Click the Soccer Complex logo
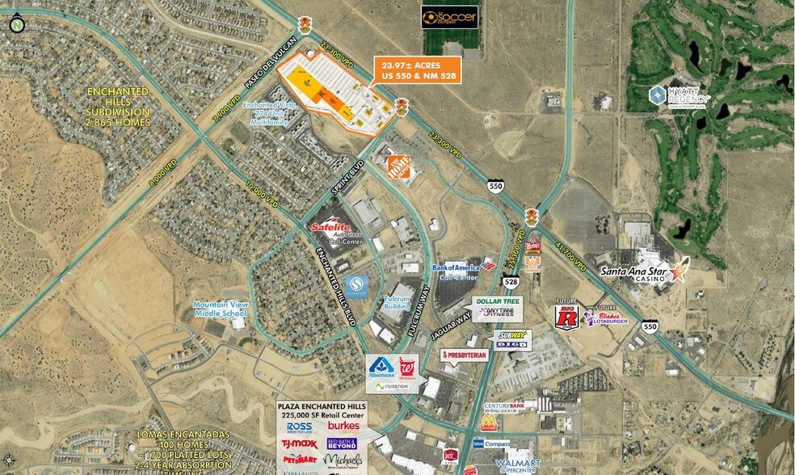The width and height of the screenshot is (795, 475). coord(450,17)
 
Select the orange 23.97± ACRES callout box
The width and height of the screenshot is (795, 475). coord(417,70)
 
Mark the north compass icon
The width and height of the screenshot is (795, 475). coord(16,24)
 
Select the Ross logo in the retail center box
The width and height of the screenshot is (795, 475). coord(299,426)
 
